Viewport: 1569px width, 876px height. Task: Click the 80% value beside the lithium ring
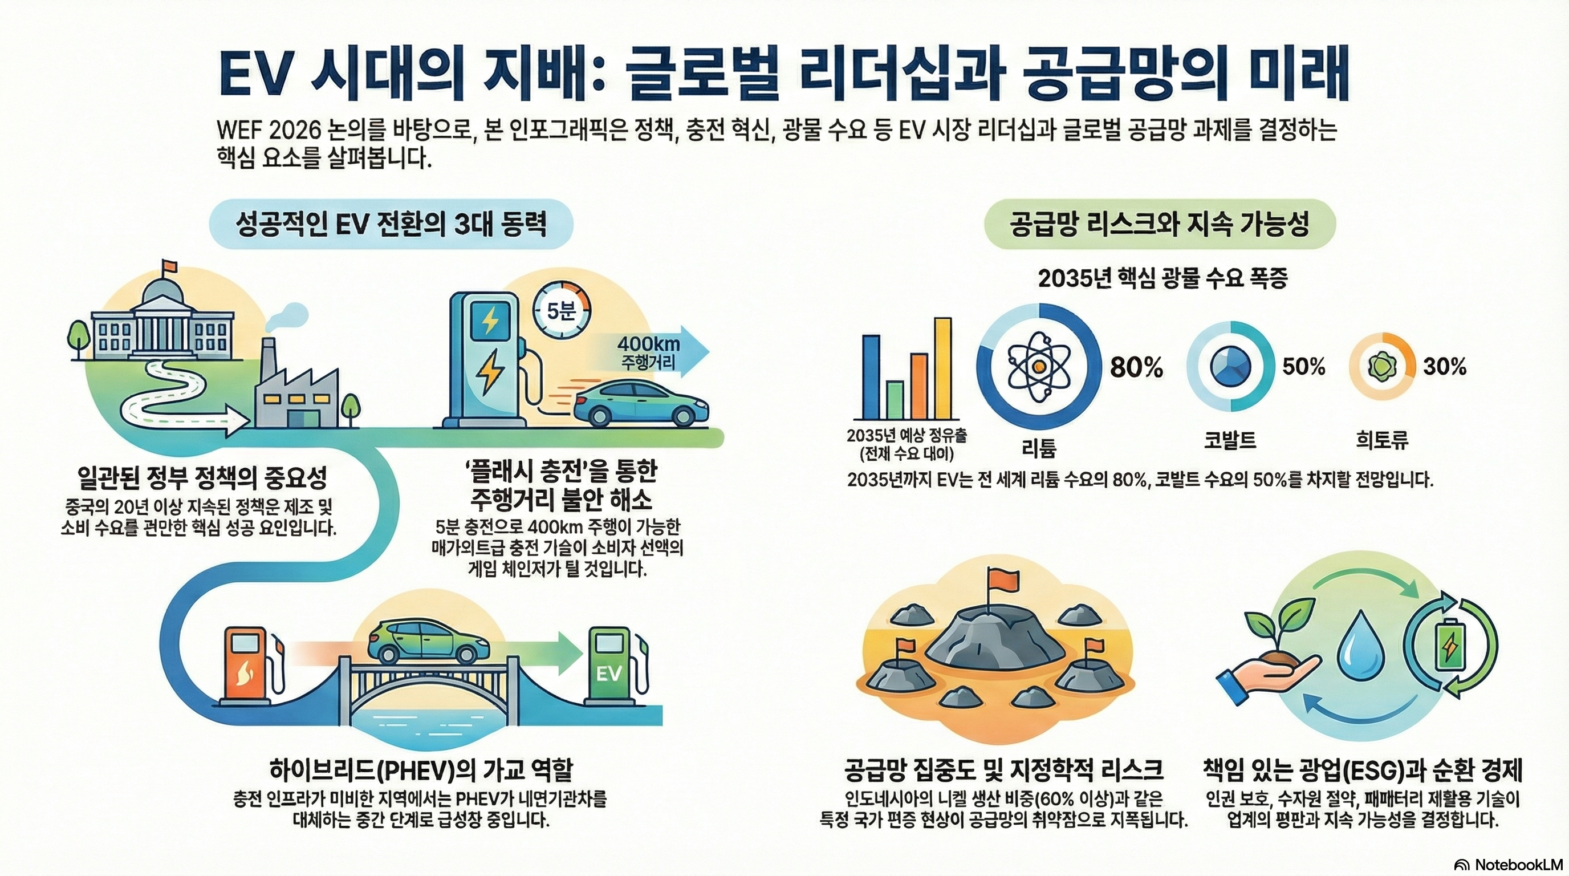click(1136, 367)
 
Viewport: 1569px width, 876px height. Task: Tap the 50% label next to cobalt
click(1303, 366)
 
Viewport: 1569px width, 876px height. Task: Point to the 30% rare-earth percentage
click(1444, 366)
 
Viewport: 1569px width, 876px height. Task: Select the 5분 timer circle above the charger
click(561, 311)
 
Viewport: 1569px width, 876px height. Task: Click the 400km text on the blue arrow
click(648, 344)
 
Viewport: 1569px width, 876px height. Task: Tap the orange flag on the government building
click(169, 266)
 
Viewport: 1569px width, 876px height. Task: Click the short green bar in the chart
click(894, 400)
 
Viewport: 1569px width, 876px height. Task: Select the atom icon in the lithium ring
click(1039, 366)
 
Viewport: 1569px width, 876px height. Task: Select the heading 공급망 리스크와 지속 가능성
click(1159, 224)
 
